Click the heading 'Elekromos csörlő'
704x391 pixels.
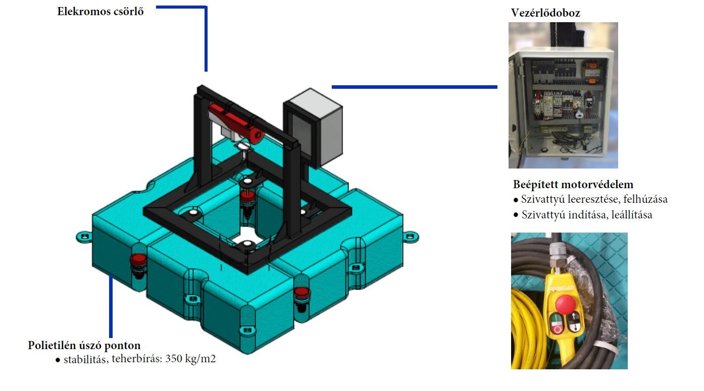(x=100, y=11)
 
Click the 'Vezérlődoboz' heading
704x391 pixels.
(x=545, y=13)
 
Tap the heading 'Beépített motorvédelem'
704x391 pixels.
(x=573, y=184)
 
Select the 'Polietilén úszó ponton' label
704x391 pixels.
(x=84, y=346)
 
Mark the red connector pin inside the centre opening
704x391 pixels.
(x=247, y=196)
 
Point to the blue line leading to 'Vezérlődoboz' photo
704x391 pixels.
(x=414, y=87)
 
